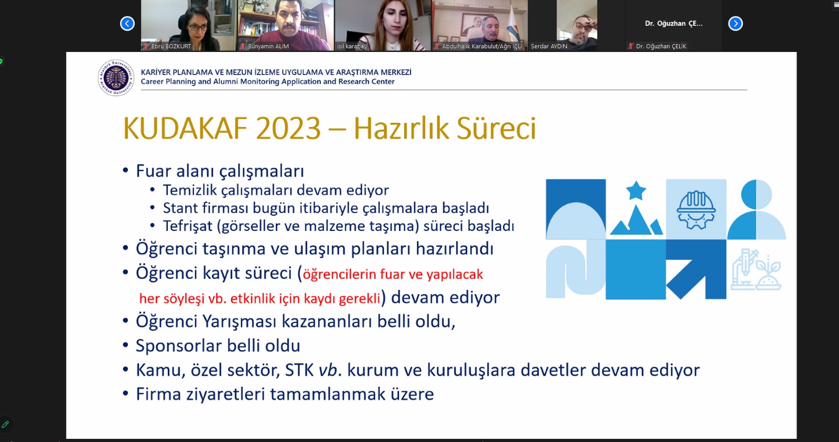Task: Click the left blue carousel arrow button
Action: click(127, 24)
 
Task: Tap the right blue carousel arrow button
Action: click(735, 24)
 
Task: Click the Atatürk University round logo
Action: click(116, 78)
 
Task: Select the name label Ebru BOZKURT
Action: click(171, 47)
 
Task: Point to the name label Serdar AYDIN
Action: click(549, 47)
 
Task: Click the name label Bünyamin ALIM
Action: click(268, 47)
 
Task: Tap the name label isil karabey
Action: click(352, 47)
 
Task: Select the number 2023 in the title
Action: click(288, 129)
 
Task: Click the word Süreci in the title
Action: click(496, 129)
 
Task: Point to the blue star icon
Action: click(636, 191)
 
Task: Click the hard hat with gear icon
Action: click(696, 209)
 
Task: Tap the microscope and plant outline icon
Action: click(756, 269)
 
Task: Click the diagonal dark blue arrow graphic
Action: click(696, 269)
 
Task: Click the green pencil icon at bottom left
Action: click(5, 424)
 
